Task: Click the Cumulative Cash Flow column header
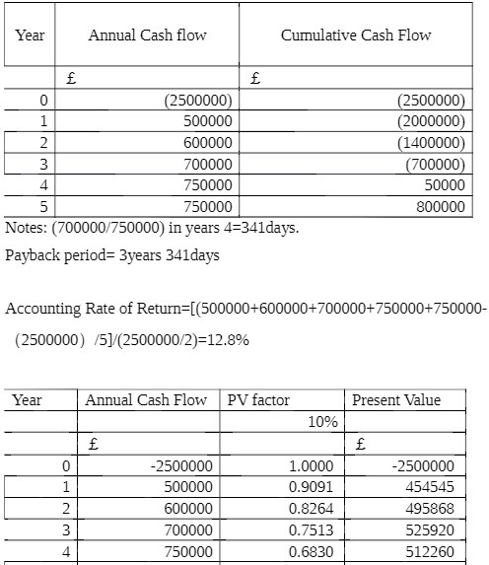point(356,35)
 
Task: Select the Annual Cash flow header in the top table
point(148,35)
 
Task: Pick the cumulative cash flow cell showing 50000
point(445,184)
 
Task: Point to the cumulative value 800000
point(441,206)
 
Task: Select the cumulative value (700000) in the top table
point(435,164)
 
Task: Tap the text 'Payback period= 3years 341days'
point(113,255)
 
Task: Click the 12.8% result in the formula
point(228,339)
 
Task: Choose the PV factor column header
point(259,400)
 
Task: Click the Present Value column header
point(396,400)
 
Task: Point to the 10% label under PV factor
point(322,422)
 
